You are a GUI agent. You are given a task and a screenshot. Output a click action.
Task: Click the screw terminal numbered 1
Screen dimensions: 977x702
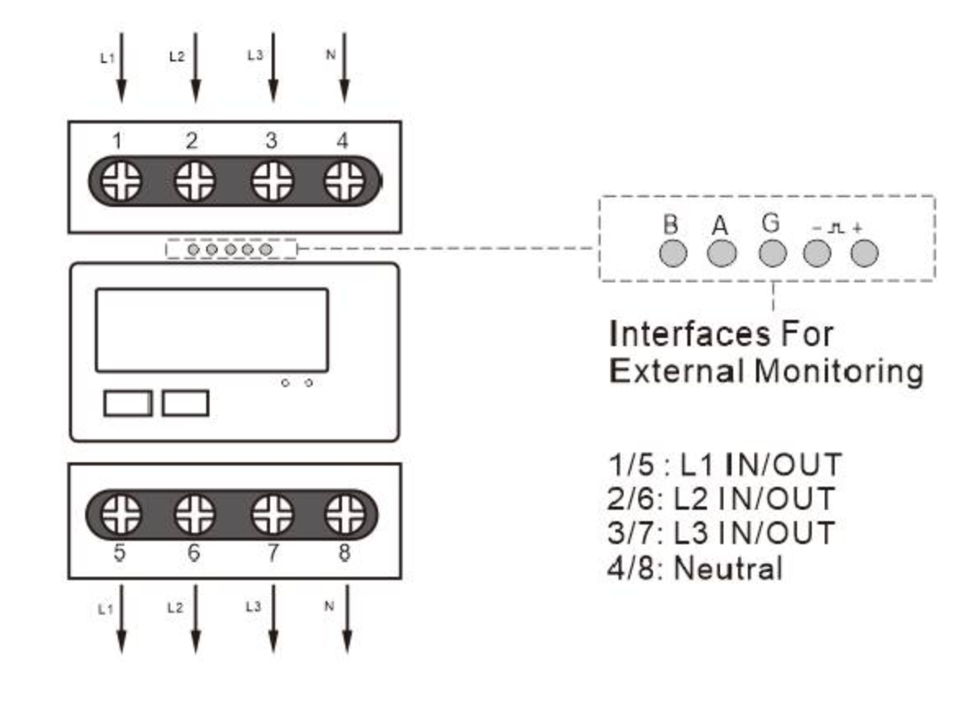pos(121,182)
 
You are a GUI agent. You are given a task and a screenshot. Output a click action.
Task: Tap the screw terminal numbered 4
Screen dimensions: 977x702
pos(344,182)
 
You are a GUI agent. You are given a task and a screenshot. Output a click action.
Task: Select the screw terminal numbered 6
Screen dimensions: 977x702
pos(195,515)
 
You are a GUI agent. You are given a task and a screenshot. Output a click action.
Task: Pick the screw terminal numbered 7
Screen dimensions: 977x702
pos(272,515)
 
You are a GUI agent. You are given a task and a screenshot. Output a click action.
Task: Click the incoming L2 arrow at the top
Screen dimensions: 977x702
pos(196,67)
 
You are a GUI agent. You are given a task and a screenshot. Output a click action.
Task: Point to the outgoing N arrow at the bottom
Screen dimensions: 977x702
pos(347,619)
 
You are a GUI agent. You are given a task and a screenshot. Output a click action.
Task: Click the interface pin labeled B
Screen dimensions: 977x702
pos(673,254)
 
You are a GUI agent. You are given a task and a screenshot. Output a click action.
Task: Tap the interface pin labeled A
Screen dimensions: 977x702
pos(722,254)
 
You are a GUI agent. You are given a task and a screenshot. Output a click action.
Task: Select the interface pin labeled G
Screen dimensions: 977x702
pos(772,254)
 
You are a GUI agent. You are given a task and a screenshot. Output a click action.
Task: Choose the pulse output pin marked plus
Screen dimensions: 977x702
pos(864,254)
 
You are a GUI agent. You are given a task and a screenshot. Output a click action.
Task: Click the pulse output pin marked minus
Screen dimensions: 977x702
pos(817,254)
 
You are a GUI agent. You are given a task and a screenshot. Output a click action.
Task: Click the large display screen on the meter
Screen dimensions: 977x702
pos(212,330)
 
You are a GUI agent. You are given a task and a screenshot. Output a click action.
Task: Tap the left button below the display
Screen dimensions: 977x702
pos(128,403)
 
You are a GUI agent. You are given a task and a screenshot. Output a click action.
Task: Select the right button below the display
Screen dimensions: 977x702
pos(185,403)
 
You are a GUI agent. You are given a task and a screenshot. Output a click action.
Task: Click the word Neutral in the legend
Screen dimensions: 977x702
pos(727,568)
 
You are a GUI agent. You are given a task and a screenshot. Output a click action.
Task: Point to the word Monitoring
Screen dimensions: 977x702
pos(839,372)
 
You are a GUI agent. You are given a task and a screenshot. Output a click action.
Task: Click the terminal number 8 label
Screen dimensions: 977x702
pos(344,552)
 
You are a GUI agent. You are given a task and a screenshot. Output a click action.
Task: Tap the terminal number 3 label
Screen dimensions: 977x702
pos(271,141)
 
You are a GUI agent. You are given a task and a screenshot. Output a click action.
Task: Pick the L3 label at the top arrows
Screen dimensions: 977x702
pos(254,56)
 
